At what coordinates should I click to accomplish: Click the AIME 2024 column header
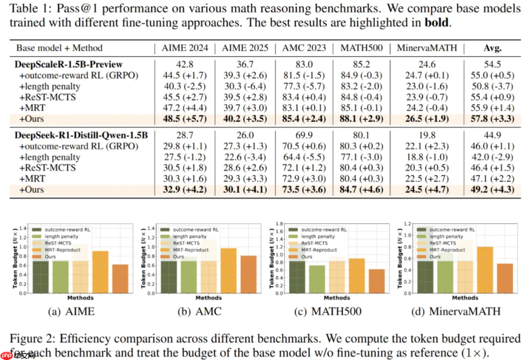tap(185, 48)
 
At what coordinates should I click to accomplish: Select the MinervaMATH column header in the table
tap(427, 48)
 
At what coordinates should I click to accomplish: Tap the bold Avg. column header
tap(492, 48)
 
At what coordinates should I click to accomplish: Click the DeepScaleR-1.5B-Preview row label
tap(69, 65)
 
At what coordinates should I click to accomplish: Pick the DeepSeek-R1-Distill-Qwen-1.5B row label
tap(82, 136)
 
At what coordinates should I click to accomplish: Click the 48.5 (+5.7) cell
tap(185, 118)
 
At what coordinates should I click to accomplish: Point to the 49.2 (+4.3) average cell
tap(492, 189)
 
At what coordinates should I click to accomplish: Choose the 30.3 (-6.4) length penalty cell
tap(245, 86)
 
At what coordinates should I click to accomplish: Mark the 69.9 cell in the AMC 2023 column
tap(304, 136)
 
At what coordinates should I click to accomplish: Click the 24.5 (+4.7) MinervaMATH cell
tap(427, 189)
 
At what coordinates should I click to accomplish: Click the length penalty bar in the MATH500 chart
tap(317, 279)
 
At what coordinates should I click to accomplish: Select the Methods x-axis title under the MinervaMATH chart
tap(465, 298)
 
